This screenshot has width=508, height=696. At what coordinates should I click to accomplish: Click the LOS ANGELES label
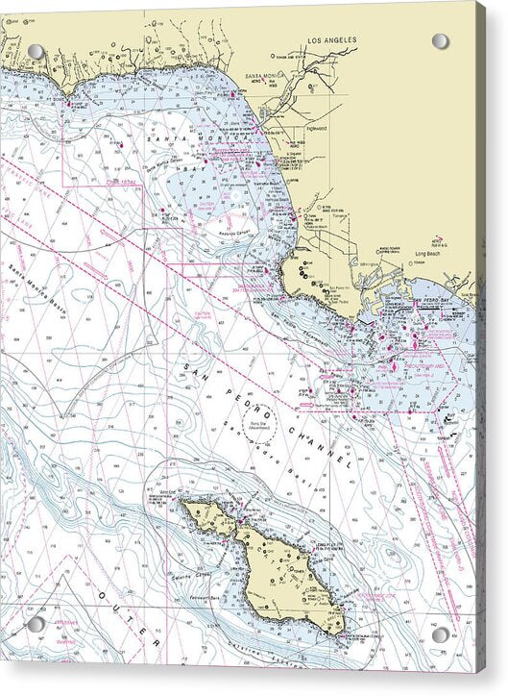331,40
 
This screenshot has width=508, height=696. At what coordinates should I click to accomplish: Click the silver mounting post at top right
440,41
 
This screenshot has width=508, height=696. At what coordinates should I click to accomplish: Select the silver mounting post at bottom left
36,625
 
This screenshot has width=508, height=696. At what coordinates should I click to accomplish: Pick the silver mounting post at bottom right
440,634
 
